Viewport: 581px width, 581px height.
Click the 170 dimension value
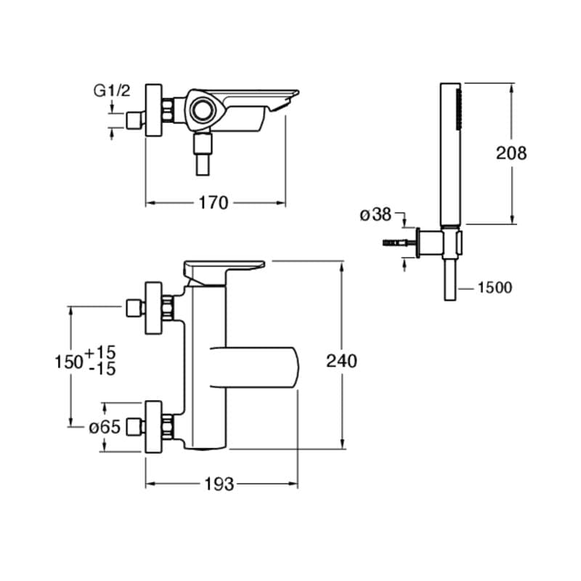(x=214, y=203)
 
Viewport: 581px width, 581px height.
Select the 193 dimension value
(x=219, y=484)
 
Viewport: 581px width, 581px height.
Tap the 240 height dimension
(x=341, y=361)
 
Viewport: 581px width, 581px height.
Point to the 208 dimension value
(x=511, y=153)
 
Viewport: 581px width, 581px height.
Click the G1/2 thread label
(x=112, y=90)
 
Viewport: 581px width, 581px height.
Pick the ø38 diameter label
(x=375, y=214)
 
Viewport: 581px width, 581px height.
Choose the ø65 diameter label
(x=105, y=428)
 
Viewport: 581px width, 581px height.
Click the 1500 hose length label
(x=495, y=288)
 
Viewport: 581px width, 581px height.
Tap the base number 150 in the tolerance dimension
(x=69, y=362)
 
